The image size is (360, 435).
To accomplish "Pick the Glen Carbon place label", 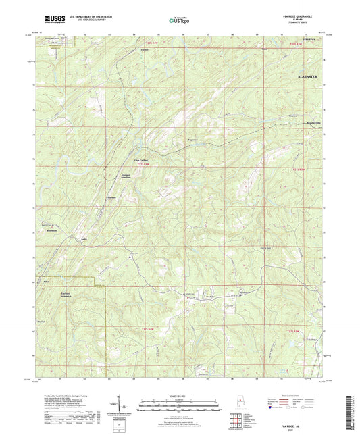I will pos(140,160).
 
